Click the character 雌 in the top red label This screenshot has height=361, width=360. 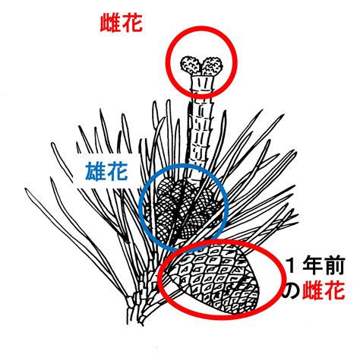point(110,23)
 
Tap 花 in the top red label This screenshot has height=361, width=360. point(132,23)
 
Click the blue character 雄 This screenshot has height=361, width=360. point(95,171)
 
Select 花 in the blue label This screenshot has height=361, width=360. point(117,171)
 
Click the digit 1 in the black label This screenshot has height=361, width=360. point(292,266)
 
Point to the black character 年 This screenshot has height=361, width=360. point(312,266)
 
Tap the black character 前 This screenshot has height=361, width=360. point(334,266)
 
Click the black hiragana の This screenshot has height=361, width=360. point(292,290)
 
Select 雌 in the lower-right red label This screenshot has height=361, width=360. point(312,290)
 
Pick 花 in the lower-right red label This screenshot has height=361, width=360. point(334,290)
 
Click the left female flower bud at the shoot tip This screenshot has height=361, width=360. point(190,65)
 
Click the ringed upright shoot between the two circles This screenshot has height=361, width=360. point(199,135)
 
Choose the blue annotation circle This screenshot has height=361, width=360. point(139,207)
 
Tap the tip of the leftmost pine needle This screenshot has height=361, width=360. point(26,189)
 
